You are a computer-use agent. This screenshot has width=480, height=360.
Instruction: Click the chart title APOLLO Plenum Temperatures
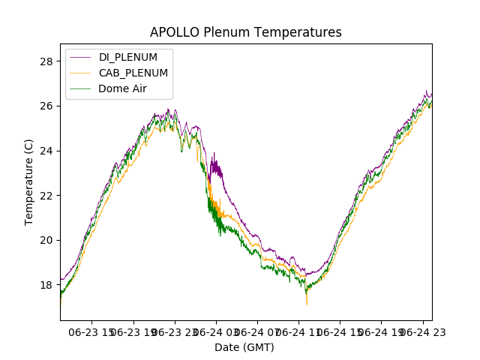(x=245, y=32)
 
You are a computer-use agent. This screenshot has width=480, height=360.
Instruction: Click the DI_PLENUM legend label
(x=127, y=57)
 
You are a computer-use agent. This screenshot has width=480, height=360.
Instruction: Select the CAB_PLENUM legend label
(x=133, y=73)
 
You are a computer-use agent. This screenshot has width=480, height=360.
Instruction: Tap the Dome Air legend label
(x=122, y=88)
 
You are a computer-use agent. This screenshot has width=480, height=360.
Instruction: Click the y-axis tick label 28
(x=46, y=61)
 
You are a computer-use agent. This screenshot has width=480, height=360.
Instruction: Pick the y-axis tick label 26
(x=46, y=106)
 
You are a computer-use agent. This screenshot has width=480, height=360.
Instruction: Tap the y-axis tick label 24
(x=46, y=151)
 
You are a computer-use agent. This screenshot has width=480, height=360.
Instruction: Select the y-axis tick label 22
(x=46, y=195)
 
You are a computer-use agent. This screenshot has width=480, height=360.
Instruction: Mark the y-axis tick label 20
(x=46, y=240)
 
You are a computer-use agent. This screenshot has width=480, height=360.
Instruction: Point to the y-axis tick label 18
(x=46, y=285)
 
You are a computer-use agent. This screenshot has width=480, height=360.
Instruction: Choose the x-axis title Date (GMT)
(x=244, y=347)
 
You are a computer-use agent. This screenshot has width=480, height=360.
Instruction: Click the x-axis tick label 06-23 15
(x=92, y=331)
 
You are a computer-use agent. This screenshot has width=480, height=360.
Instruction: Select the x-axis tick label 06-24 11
(x=298, y=331)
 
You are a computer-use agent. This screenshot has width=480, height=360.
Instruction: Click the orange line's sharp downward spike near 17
(x=307, y=303)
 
